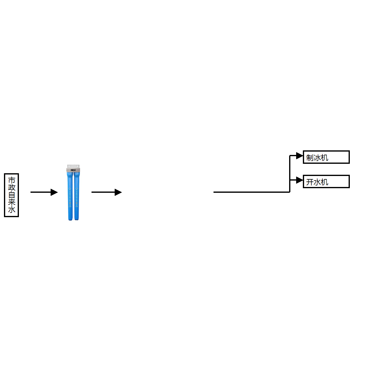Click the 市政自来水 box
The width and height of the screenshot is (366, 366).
point(12,195)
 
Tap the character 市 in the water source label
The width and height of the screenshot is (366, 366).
point(12,180)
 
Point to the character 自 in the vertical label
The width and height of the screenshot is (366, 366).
point(12,195)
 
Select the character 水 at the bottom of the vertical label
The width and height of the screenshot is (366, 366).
point(12,210)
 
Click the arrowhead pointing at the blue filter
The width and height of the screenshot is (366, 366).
point(54,192)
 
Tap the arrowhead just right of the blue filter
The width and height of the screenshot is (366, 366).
point(118,192)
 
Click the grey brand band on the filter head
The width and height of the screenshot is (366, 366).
point(74,170)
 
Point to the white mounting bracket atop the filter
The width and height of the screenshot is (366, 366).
point(74,166)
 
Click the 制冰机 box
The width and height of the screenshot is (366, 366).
point(326,157)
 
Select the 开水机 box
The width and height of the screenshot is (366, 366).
point(326,181)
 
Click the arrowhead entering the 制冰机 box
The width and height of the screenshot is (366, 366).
point(300,156)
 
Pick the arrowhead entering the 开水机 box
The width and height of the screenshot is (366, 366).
point(300,180)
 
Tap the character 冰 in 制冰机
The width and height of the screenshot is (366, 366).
point(317,158)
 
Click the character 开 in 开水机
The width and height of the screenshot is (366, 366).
point(310,182)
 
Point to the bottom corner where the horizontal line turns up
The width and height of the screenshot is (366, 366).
point(289,192)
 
